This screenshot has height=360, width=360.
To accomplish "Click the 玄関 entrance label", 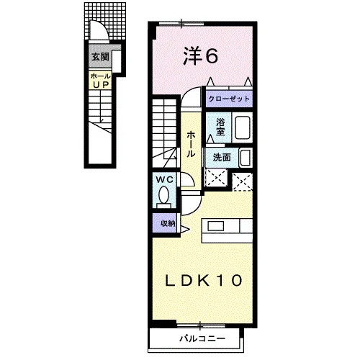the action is [x=100, y=57].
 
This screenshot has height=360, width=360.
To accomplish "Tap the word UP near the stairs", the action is [x=101, y=84].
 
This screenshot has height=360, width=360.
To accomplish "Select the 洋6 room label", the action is [x=200, y=56].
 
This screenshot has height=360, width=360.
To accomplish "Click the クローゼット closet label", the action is [x=229, y=99].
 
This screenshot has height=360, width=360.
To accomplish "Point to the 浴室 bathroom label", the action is [x=220, y=127].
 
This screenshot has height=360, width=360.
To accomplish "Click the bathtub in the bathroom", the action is [x=243, y=127].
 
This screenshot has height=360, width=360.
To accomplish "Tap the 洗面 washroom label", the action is [x=222, y=158].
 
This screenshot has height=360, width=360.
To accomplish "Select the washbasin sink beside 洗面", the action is [x=246, y=158].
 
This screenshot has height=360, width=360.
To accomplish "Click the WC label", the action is [x=165, y=179].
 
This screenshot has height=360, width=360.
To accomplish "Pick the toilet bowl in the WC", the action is [x=164, y=195].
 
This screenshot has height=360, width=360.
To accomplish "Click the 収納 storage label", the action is [x=168, y=224].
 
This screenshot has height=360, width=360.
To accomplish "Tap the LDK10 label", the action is [x=204, y=280].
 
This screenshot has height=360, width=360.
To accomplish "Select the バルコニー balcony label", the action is [x=203, y=338].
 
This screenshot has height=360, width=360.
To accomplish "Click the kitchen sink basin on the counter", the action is [x=216, y=226].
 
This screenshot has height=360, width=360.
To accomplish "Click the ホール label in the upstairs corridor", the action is [x=191, y=144].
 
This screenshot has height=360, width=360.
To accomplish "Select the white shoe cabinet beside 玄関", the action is [x=117, y=61].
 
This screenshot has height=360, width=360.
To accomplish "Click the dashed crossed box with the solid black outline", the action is [x=216, y=178].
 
